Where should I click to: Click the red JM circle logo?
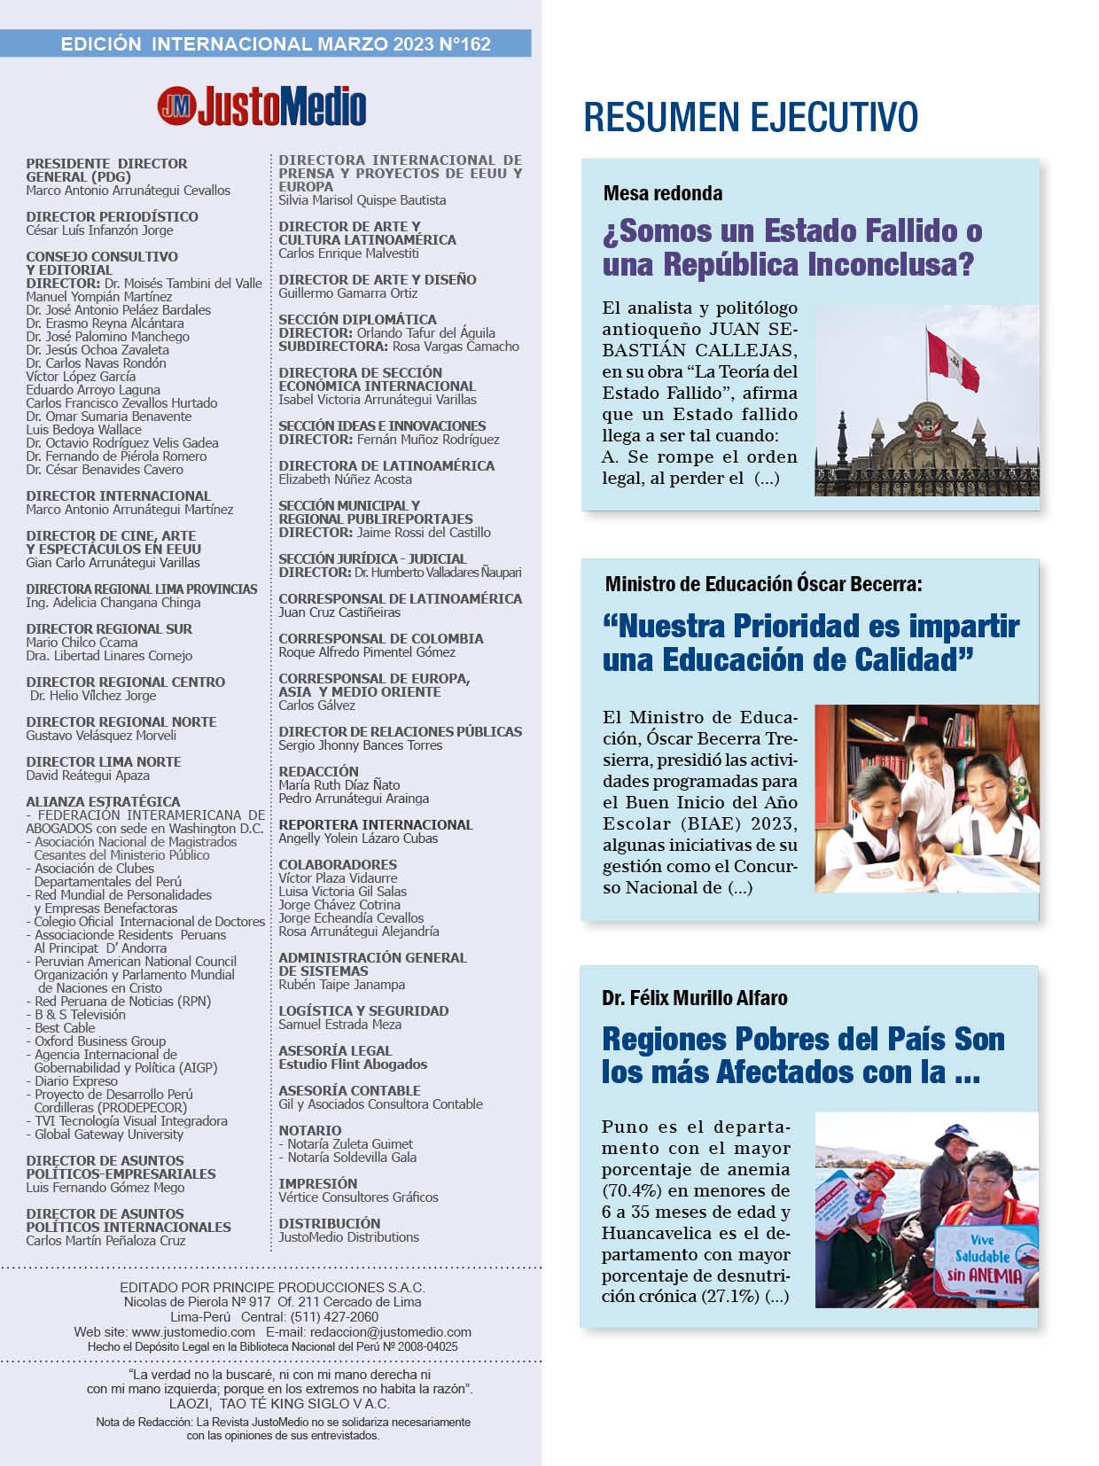coord(176,106)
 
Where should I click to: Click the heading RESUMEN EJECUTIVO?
coord(750,117)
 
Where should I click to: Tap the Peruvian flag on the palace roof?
coord(951,359)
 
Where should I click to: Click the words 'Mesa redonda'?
coord(662,193)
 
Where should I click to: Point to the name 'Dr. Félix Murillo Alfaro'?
coord(694,998)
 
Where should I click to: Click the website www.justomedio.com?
coord(193,1332)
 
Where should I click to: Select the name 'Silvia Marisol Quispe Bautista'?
coord(362,200)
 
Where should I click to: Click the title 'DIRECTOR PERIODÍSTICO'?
coord(112,216)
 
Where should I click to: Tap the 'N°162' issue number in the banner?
coord(464,43)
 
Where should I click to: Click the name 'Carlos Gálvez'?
coord(316,706)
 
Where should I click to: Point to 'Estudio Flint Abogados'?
coord(353,1064)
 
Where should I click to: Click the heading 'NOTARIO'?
coord(309,1130)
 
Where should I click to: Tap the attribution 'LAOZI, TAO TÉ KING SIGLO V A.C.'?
coord(279,1404)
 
